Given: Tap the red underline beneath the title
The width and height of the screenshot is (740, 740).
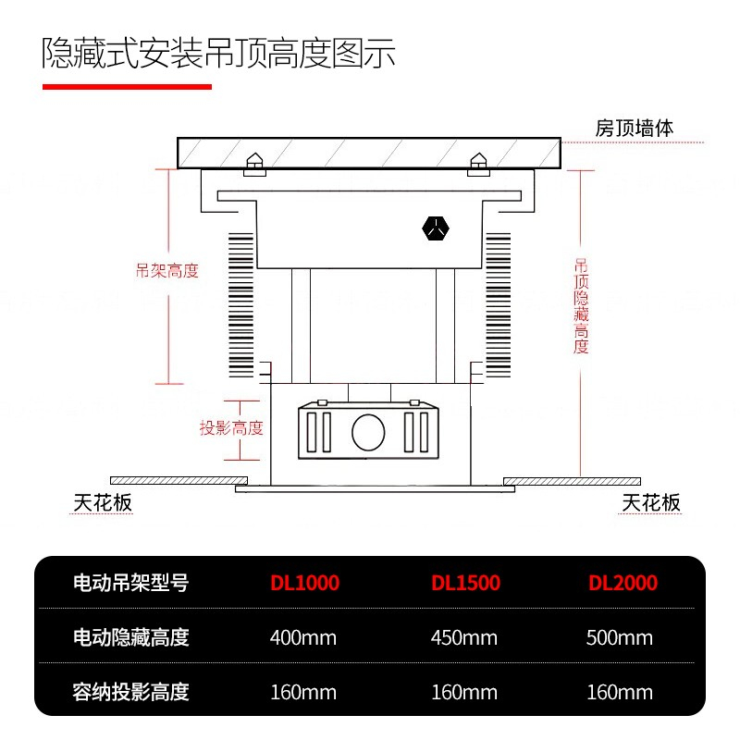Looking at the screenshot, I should pos(128,87).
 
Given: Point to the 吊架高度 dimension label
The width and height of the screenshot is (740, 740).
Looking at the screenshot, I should pos(167,271).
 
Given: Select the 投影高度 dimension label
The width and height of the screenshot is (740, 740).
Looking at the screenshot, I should pos(232,428).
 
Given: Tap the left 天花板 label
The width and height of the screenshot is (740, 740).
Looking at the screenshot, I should pos(103,502).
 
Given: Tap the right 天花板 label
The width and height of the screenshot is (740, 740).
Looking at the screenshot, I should pos(651,502).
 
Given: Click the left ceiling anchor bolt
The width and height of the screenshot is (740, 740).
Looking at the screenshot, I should pos(253,164).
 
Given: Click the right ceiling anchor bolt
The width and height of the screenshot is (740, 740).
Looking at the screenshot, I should pos(478,164).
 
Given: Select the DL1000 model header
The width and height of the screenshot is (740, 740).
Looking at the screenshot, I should pos(304,583).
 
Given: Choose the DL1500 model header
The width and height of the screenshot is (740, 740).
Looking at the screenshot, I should pos(465,583).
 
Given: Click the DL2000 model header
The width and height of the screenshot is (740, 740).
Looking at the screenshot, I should pos(623,583).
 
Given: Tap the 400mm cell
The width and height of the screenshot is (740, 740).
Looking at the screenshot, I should pos(303,637).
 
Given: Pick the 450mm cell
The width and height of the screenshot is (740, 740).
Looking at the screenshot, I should pos(464,637).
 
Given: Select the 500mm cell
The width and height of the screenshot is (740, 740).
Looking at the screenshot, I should pos(620,637).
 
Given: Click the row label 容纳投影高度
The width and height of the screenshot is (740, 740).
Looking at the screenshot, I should pos(131,692).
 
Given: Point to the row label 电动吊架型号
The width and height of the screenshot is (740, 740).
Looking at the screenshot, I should pos(131,583).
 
